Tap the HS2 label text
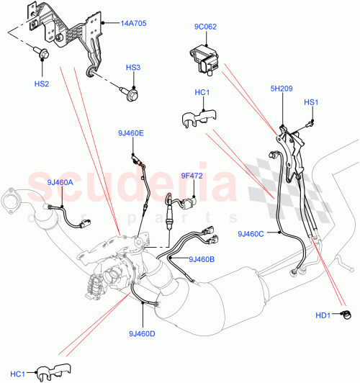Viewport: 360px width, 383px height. (42, 84)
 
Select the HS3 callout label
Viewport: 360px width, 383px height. (133, 68)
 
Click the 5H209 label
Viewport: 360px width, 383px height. (282, 89)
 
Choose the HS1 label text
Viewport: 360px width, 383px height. (310, 103)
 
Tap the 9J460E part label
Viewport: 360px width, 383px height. (132, 133)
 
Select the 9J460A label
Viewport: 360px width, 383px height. (60, 182)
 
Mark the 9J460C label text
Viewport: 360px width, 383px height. (251, 233)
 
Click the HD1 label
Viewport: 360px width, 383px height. (323, 315)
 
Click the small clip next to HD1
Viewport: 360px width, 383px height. (346, 314)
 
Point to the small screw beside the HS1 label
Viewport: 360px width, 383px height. (306, 124)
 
